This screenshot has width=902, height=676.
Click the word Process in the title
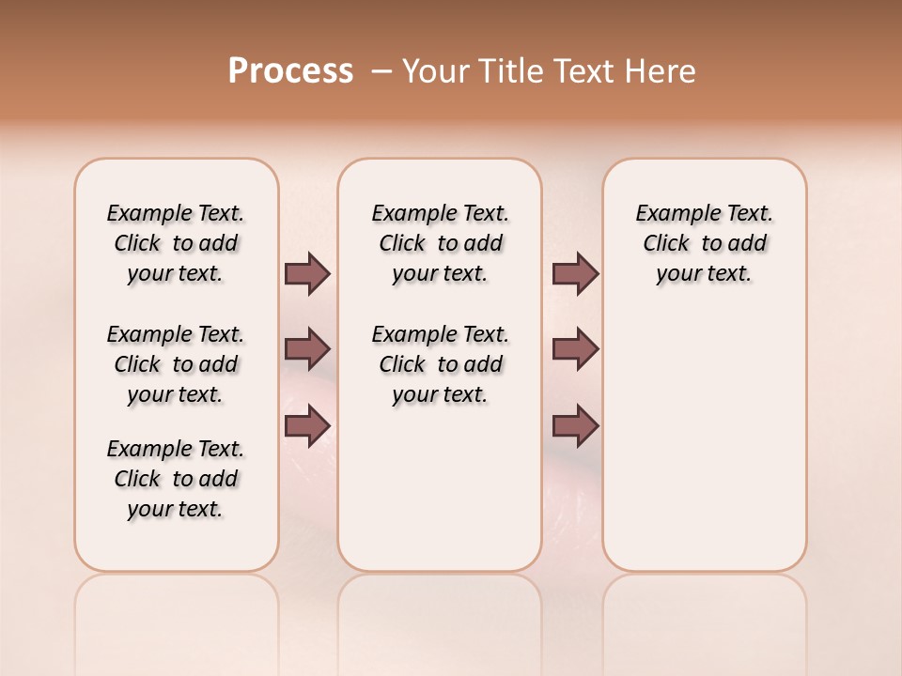290,70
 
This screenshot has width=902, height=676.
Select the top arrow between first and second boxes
307,273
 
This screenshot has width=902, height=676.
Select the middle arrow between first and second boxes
307,349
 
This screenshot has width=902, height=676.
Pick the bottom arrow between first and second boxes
307,426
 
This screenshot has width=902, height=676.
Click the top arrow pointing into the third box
575,273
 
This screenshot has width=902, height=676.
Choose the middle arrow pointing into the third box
575,349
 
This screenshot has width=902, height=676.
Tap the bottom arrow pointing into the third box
575,426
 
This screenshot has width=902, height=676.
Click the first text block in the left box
176,243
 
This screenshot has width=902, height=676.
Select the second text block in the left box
176,364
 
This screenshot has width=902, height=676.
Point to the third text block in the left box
176,479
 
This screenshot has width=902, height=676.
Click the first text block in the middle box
440,243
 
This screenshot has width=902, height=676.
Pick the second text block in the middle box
440,364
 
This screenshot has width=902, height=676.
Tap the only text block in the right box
704,243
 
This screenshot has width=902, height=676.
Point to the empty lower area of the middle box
440,488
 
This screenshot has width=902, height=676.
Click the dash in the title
381,71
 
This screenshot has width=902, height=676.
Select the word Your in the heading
436,71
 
